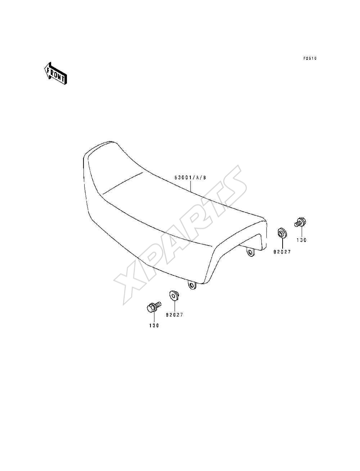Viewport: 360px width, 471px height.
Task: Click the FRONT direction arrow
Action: click(55, 73)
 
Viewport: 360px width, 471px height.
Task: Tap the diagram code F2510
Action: click(310, 58)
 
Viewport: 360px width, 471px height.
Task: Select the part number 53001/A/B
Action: click(190, 178)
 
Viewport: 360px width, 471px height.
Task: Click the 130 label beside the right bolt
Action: click(302, 240)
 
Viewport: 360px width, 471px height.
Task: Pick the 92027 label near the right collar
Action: click(282, 252)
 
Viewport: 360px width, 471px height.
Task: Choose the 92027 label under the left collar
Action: click(175, 315)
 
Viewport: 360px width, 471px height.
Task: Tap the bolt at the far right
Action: click(300, 222)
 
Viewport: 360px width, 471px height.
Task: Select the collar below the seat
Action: click(174, 295)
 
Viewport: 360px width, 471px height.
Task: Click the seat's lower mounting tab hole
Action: click(191, 285)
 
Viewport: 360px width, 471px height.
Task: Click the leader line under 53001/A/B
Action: click(190, 185)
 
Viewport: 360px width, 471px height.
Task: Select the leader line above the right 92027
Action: click(282, 243)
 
